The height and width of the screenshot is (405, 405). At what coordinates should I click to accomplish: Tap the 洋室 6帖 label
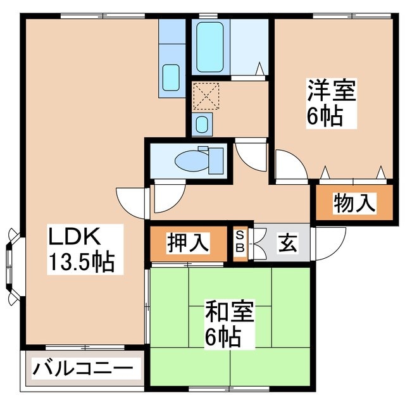point(331,103)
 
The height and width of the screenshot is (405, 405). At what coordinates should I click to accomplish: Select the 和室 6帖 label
point(230,323)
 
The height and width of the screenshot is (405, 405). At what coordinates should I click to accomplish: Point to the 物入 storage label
point(354,203)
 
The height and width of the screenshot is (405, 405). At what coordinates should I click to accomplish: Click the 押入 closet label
point(188,243)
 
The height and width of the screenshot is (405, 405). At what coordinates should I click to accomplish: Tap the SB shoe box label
point(240,242)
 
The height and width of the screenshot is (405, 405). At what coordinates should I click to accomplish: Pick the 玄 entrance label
point(287,243)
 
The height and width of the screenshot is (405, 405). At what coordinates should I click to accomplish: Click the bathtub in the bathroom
point(209,47)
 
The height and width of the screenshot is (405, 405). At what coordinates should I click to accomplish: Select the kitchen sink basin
point(171,78)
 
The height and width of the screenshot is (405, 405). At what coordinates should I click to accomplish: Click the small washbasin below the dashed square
point(201,124)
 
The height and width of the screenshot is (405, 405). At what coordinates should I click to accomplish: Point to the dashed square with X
point(206,96)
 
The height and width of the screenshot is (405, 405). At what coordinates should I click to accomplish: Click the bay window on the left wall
point(13,266)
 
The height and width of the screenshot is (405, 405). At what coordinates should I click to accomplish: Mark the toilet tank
point(216,161)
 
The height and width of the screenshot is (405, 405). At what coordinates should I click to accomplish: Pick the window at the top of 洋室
point(352,16)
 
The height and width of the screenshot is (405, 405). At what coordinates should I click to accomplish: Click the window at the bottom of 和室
point(229,388)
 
